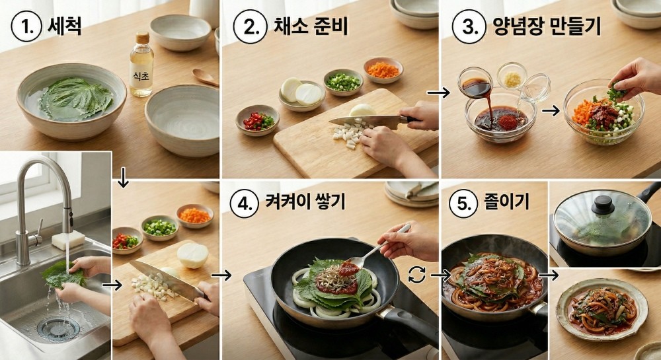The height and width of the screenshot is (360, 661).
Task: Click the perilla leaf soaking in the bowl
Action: pos(68,98)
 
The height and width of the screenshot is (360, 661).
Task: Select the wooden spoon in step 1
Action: pos(205,77)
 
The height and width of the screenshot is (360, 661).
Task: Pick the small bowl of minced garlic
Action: pos(512,76)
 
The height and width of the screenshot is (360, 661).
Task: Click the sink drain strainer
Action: pos(59,327)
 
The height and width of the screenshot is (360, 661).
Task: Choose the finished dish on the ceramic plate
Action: pos(602,309)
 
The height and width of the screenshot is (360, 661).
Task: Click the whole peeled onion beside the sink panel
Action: pos(192,255)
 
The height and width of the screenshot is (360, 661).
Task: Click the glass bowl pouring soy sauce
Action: pos(476,84)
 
